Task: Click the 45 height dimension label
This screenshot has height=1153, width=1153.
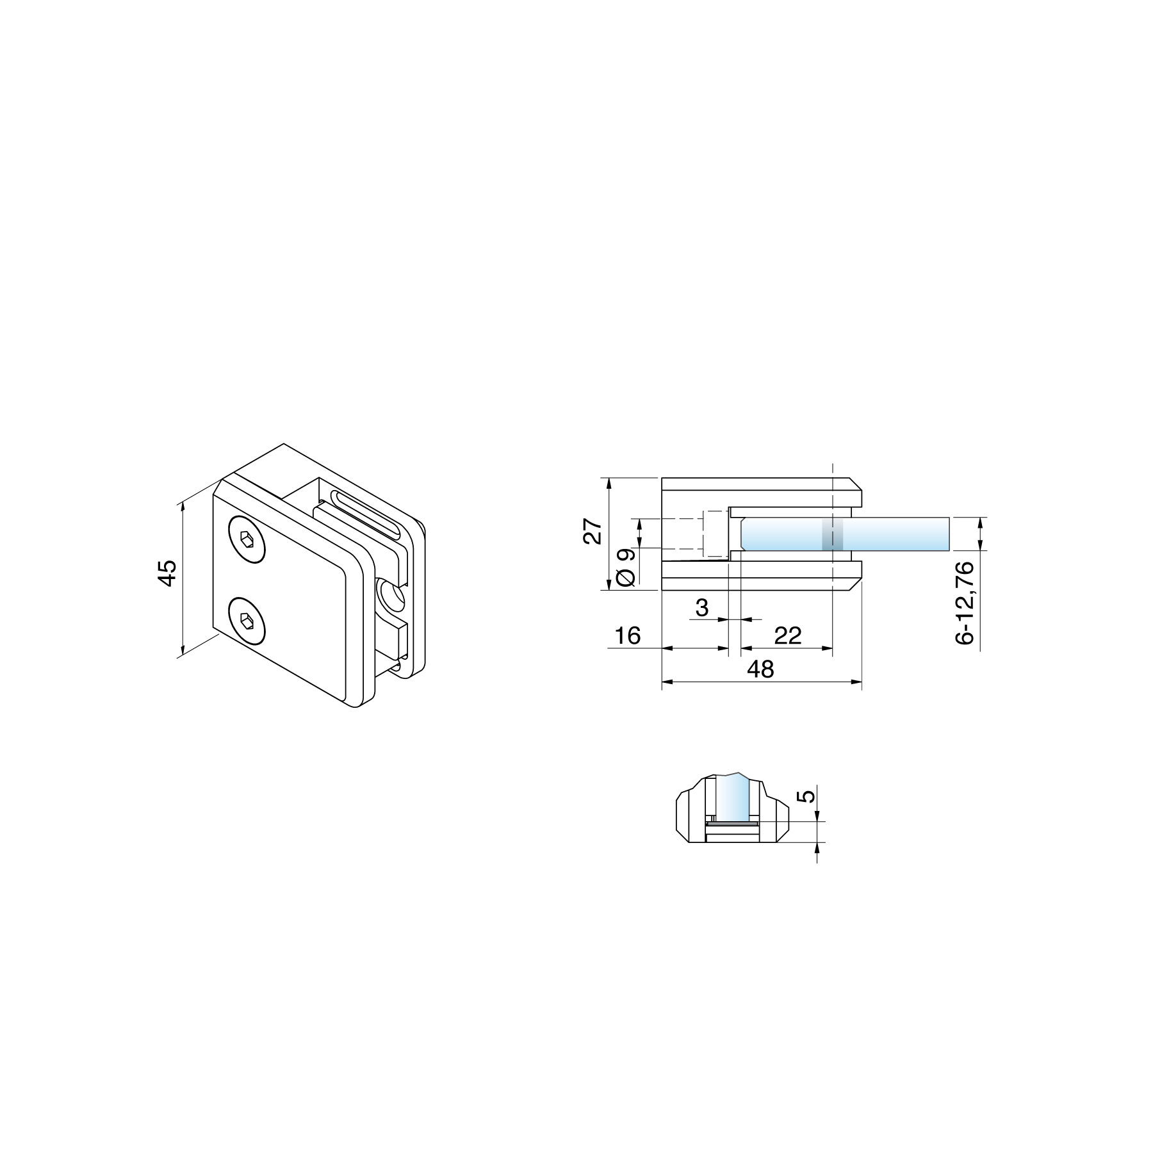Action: [x=167, y=573]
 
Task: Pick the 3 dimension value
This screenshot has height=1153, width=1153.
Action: [x=702, y=607]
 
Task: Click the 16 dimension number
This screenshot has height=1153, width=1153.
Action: [x=627, y=635]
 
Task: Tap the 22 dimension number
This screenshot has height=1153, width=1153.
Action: [x=788, y=635]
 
